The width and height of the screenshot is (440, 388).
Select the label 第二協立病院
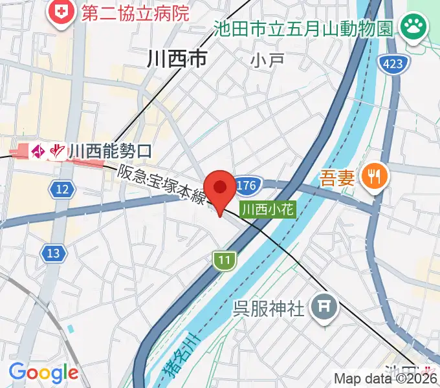(x=135, y=12)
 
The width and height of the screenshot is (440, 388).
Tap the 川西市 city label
(x=177, y=59)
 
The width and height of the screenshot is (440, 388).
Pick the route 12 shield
(x=61, y=189)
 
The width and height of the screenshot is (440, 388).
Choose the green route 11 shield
(x=224, y=260)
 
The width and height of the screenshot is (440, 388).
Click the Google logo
(x=43, y=372)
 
